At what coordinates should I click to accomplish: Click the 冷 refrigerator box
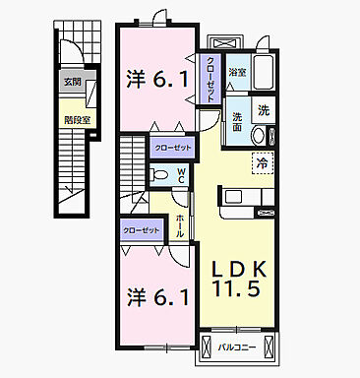pos(264,162)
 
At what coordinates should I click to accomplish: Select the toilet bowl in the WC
pos(161,176)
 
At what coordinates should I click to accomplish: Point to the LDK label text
pos(235,266)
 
